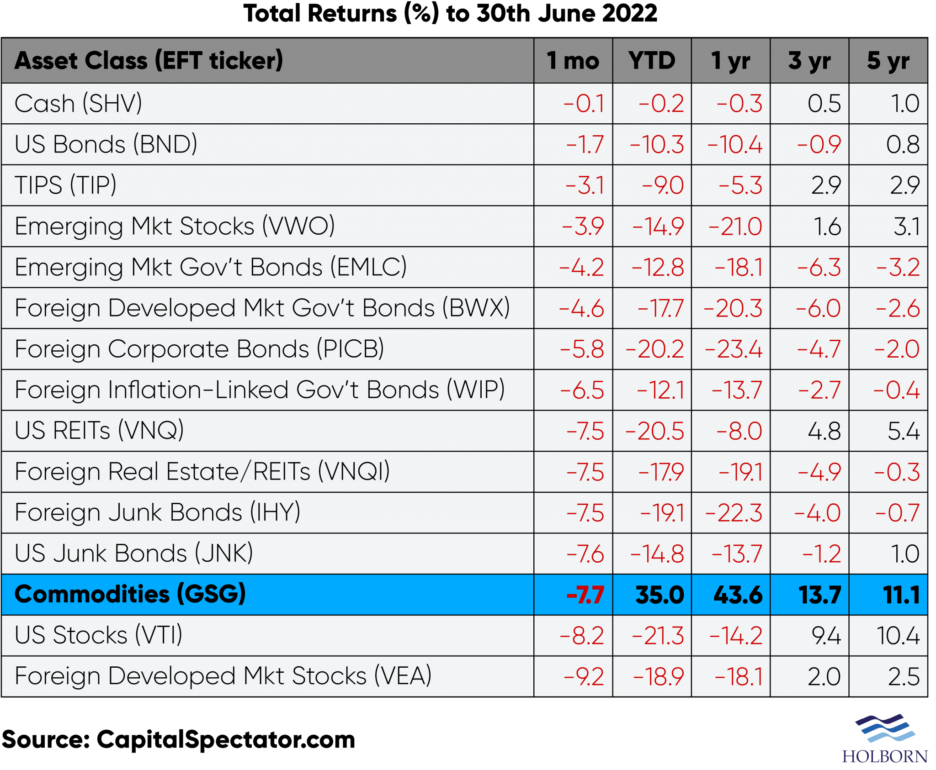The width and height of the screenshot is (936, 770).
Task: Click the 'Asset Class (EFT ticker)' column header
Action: coord(149,61)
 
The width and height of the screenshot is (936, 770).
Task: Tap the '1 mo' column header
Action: coord(573,61)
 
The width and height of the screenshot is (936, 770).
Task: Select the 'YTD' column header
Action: coord(652,61)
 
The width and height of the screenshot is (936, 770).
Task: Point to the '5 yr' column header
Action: coord(888,61)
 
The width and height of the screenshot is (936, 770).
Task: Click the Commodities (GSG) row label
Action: coord(130,594)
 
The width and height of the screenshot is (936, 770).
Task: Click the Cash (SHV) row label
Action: coord(78,103)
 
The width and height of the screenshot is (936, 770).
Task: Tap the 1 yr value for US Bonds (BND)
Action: coord(735,145)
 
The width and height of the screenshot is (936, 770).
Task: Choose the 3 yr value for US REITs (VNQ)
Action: coord(824,431)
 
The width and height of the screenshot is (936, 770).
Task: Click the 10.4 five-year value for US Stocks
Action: coord(898,636)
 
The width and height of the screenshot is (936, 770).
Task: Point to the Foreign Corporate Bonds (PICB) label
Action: coord(199,349)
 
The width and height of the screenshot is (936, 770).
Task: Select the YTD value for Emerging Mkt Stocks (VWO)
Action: coord(658,227)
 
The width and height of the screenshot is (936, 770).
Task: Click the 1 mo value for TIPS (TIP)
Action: coord(585,185)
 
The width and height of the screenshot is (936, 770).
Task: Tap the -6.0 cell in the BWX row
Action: coord(818,308)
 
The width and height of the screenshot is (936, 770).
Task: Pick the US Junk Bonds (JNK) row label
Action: coord(133,554)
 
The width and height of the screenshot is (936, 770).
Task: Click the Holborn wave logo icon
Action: coord(885,728)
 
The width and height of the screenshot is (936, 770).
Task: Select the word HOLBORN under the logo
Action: coord(885,756)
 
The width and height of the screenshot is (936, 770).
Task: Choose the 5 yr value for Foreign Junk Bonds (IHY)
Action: coord(897,513)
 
